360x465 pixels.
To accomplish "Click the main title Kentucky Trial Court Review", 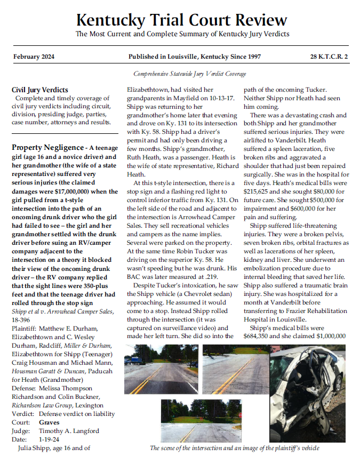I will coord(181,20).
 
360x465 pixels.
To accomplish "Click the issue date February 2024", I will coord(35,57).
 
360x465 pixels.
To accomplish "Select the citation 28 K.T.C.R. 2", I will coord(329,57).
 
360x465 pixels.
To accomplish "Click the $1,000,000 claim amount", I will coord(327,336).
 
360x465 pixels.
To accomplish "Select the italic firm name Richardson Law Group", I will coord(44,405).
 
